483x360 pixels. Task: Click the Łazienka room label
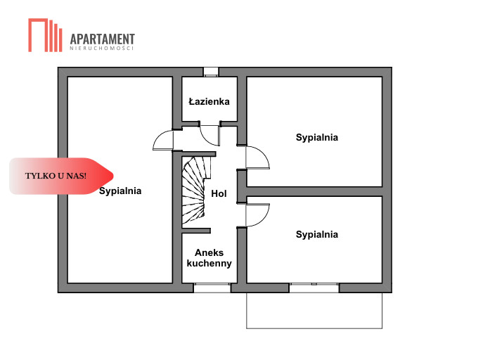(209, 101)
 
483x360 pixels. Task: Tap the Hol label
(219, 193)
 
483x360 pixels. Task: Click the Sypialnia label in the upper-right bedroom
(316, 137)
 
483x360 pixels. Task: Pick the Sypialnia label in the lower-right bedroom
(316, 234)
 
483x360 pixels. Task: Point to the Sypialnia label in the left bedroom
(120, 191)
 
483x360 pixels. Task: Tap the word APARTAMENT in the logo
(103, 39)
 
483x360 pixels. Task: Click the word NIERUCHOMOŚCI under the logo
(102, 49)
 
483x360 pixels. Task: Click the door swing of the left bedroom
(163, 140)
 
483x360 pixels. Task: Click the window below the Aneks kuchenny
(212, 288)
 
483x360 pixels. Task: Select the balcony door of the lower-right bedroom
(314, 288)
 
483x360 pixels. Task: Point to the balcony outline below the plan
(314, 327)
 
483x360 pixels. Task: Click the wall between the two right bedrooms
(314, 191)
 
